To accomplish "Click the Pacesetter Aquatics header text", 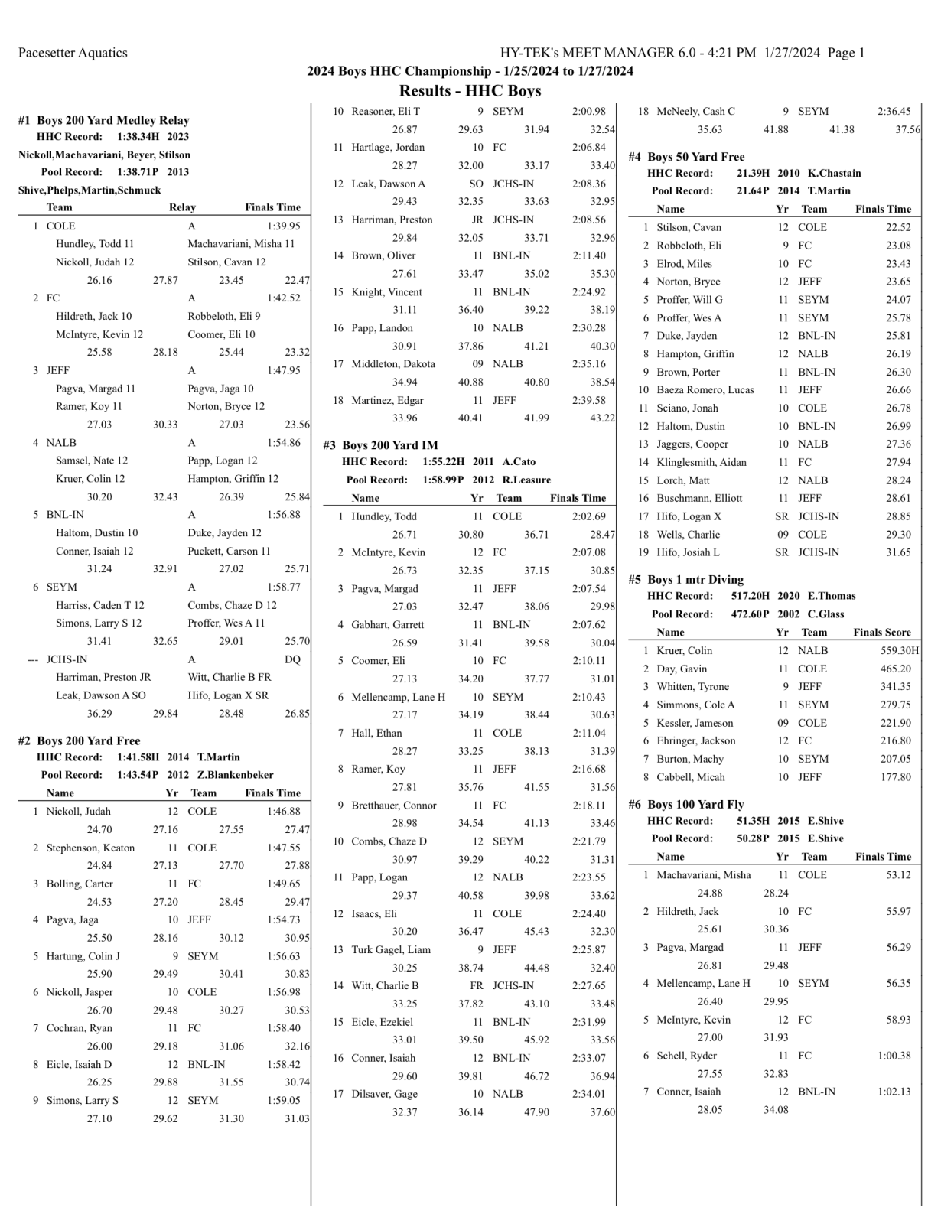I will click(x=73, y=53).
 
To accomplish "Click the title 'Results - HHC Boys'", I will click(x=470, y=91).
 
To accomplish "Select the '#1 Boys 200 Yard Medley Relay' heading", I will click(x=103, y=120).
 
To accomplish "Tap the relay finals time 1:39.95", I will click(x=283, y=226).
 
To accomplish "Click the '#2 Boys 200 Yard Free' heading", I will click(x=79, y=740).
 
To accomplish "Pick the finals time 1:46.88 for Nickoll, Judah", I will click(x=283, y=812).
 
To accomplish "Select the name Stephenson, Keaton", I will click(x=90, y=848).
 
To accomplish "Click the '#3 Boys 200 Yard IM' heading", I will click(x=380, y=445).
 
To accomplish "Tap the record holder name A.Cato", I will click(x=519, y=462).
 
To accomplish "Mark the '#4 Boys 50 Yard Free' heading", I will click(x=686, y=157).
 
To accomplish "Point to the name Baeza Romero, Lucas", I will click(x=705, y=390).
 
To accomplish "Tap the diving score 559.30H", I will click(x=900, y=651).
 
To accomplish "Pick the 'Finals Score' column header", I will click(x=882, y=633).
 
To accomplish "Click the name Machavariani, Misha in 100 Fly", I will click(x=703, y=875).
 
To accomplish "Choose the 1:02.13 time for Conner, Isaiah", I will click(x=894, y=1092).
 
